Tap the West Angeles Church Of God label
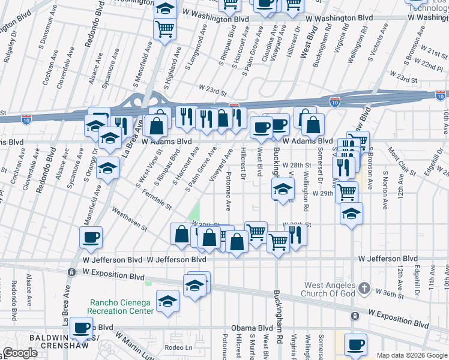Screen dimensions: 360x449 point(330,289)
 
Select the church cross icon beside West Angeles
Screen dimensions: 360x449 point(364,289)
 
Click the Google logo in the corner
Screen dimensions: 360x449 point(20,353)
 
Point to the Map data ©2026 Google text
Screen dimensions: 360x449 point(412,355)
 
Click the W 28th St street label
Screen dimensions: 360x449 point(298,164)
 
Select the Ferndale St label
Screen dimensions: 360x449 point(154,197)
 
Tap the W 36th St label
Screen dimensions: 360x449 point(390,292)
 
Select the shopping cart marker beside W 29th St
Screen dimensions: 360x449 point(346,191)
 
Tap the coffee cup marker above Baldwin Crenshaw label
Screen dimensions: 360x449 point(82,328)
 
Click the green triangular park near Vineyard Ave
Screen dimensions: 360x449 point(193,212)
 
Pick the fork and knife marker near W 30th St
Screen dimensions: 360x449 point(295,234)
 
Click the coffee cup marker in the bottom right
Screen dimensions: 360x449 point(355,344)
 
